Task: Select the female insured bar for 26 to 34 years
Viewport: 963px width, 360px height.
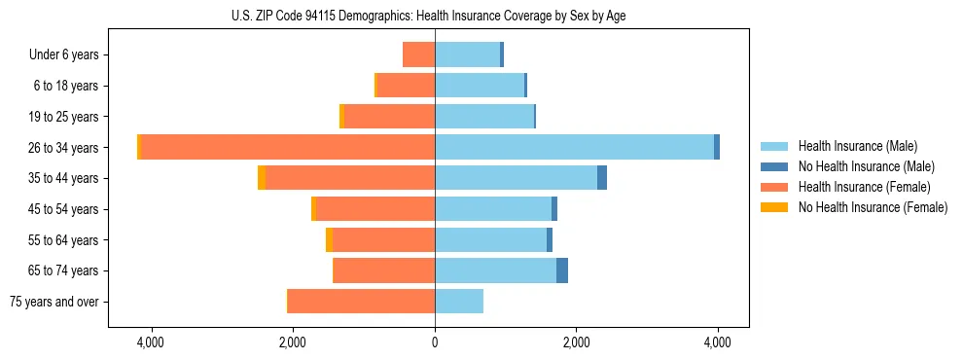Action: point(288,147)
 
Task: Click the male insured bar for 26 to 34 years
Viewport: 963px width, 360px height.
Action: point(574,147)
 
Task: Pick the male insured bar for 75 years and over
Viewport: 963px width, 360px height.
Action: point(459,302)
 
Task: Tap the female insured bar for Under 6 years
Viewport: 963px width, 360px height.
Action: point(419,54)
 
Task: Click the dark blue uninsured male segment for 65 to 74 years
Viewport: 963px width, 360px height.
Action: point(562,270)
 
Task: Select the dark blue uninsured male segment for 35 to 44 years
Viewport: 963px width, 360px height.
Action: point(602,178)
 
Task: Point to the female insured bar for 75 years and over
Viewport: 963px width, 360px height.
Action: point(361,302)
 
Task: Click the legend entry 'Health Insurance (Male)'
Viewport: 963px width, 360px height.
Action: point(857,146)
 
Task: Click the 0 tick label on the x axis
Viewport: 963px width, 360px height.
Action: point(435,343)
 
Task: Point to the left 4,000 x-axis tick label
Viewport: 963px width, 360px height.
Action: point(152,343)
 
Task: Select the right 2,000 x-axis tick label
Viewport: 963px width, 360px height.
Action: point(576,343)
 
